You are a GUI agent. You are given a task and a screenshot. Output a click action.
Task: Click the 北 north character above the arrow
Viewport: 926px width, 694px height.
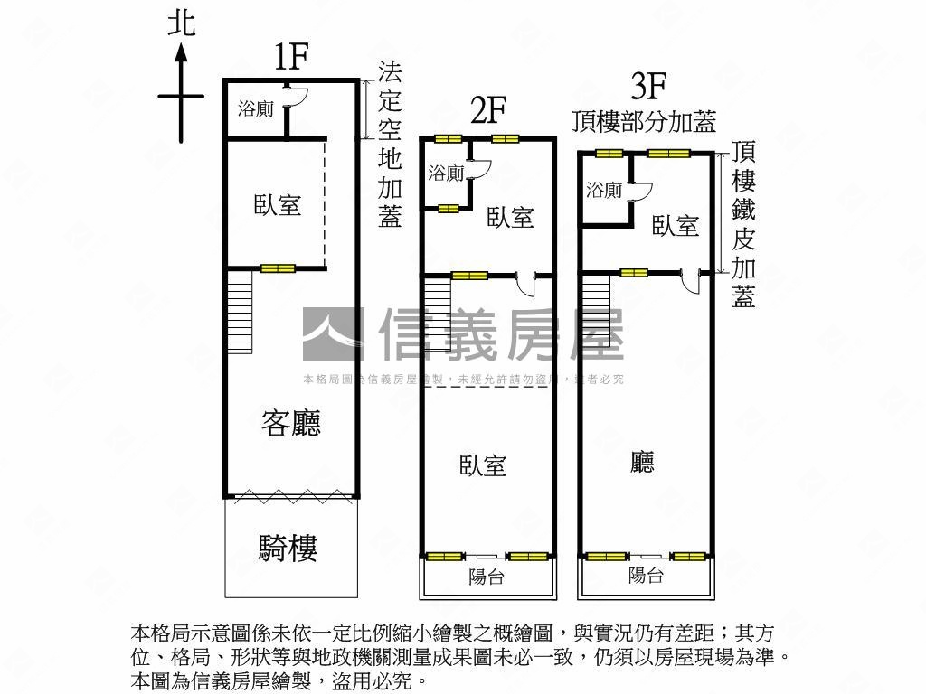click(x=181, y=24)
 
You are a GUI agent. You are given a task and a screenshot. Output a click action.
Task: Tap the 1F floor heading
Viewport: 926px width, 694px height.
click(x=292, y=57)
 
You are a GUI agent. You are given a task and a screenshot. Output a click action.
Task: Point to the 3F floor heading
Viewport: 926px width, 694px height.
click(x=648, y=86)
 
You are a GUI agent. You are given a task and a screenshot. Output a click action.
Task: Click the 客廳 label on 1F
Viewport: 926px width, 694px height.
click(x=291, y=423)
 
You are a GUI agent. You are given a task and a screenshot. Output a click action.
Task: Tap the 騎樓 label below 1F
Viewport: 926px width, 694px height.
click(x=288, y=548)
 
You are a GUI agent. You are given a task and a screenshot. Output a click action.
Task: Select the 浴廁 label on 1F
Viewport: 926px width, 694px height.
click(x=256, y=109)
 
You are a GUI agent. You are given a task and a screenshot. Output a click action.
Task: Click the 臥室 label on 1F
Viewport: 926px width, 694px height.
click(x=278, y=205)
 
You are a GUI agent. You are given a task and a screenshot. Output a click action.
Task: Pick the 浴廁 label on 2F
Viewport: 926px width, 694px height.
click(x=446, y=173)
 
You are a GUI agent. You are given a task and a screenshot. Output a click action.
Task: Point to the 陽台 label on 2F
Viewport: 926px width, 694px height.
click(x=486, y=577)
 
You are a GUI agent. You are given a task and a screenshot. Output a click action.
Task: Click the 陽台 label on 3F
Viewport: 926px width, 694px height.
click(x=646, y=575)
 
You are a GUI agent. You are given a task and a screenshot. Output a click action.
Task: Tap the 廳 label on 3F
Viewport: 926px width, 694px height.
click(x=642, y=462)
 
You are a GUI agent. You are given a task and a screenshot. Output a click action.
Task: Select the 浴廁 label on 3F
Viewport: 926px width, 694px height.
click(x=604, y=190)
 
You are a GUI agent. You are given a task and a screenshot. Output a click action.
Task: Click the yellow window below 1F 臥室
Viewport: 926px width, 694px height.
click(x=278, y=268)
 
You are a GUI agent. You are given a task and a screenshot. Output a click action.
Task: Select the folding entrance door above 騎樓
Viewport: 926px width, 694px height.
click(x=292, y=496)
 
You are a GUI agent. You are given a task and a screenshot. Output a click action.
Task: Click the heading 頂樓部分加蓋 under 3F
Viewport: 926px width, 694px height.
click(x=644, y=122)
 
